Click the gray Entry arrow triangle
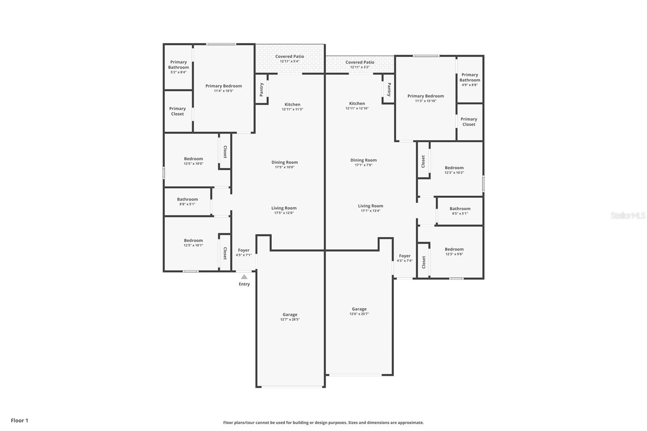[244, 277]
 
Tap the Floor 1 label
[19, 420]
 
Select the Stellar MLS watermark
[628, 215]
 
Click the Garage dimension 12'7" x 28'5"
[290, 319]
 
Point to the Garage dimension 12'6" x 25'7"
[359, 314]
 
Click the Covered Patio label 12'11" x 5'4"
[290, 59]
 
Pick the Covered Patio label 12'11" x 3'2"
[359, 64]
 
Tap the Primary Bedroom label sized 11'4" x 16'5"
[224, 88]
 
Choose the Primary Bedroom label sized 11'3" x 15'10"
[425, 98]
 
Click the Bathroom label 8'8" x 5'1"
[187, 201]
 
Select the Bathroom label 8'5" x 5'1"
[460, 211]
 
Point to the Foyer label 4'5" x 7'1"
[243, 252]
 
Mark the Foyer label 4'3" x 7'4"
[404, 258]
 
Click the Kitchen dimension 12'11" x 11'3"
[292, 109]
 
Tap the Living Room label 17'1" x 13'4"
[370, 208]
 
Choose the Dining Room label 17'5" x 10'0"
[284, 164]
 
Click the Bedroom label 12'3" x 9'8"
[454, 251]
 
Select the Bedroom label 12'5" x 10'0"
[193, 161]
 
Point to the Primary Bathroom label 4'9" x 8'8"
[469, 80]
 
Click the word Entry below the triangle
[244, 284]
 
